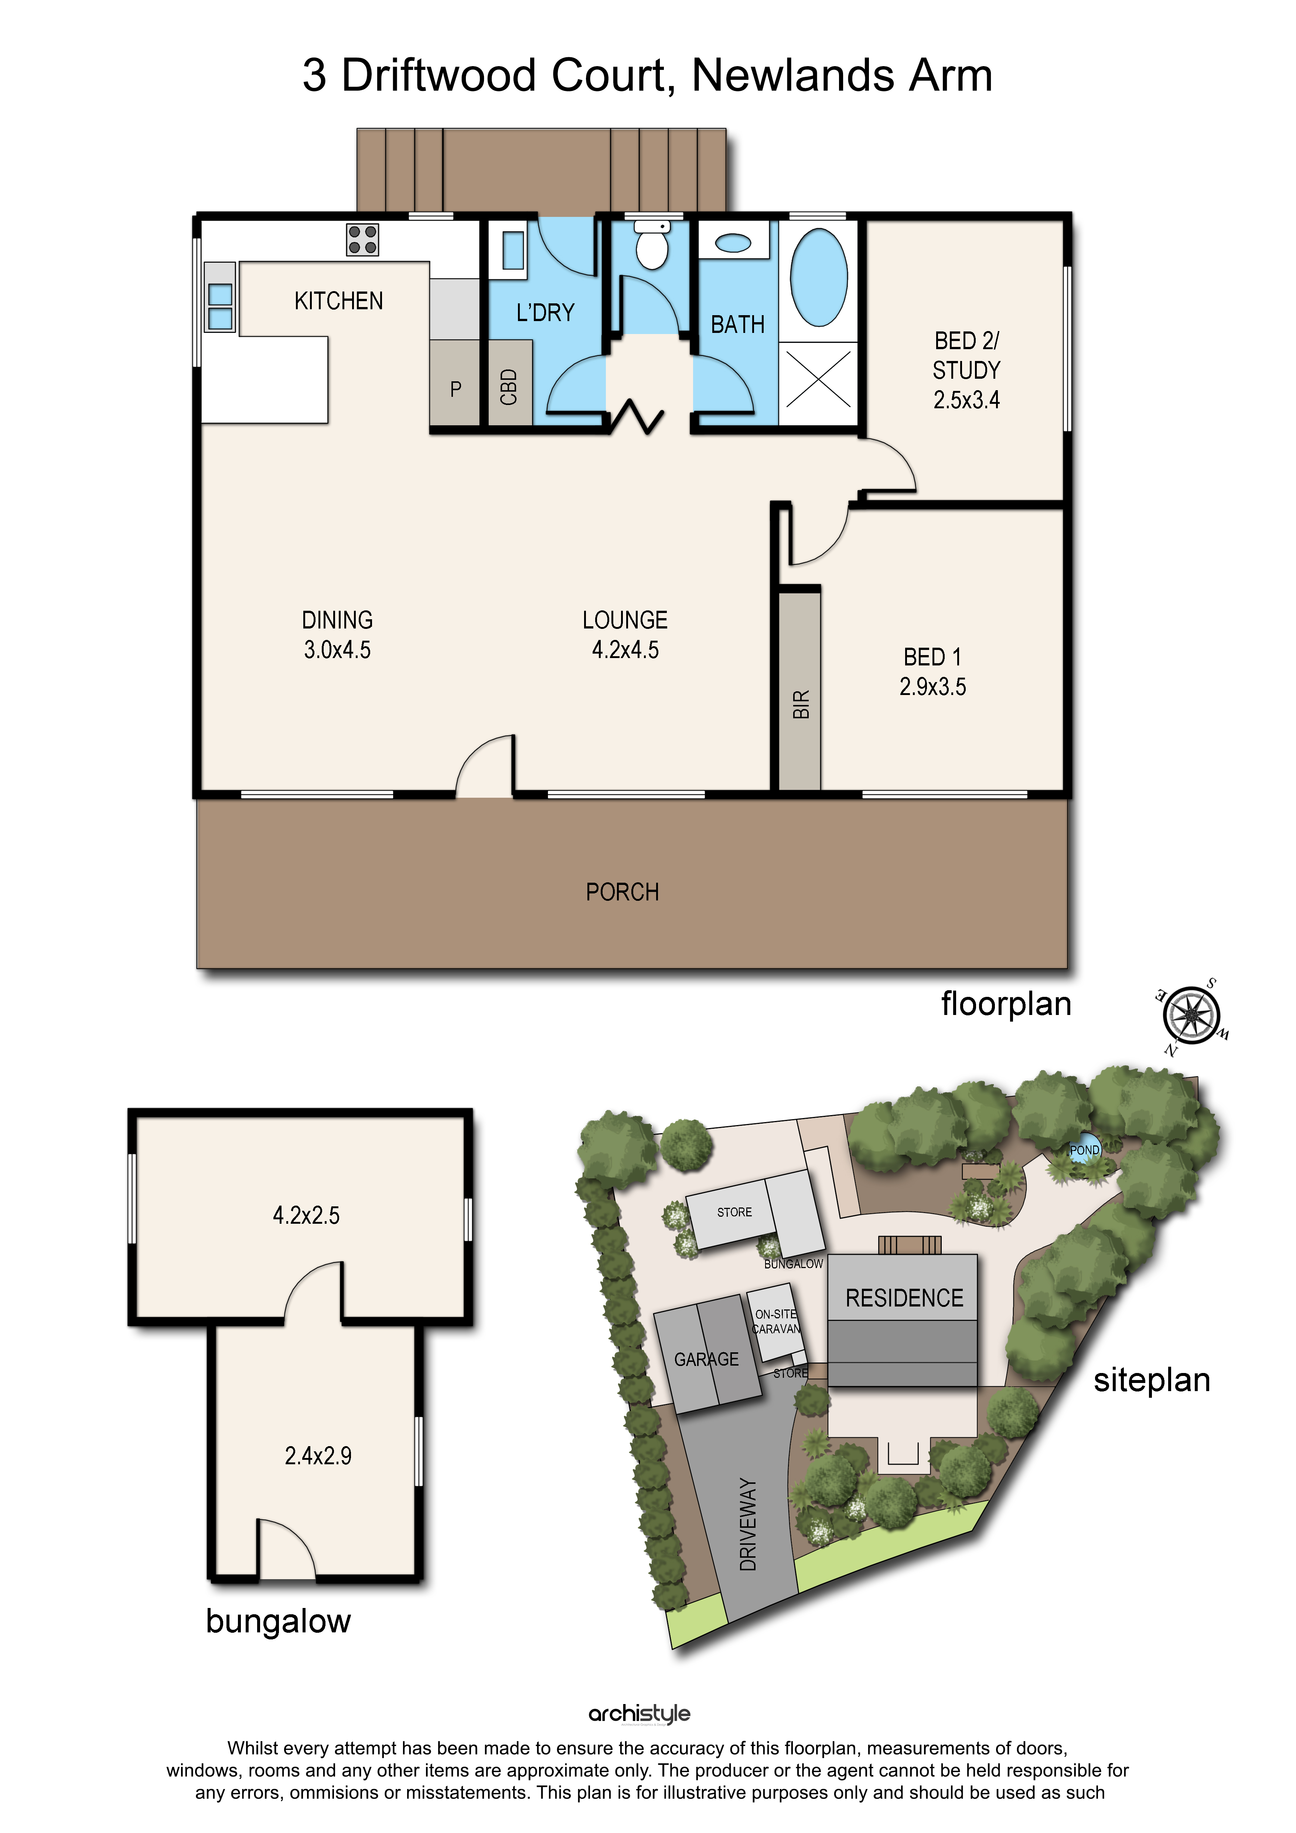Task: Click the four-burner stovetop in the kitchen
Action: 362,239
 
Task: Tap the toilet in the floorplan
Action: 652,243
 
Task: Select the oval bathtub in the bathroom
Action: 819,277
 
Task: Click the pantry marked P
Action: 455,389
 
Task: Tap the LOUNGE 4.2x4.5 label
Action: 625,635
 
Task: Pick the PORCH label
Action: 623,892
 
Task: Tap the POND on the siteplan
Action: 1085,1149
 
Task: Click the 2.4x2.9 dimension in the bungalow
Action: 318,1455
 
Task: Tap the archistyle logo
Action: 639,1713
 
